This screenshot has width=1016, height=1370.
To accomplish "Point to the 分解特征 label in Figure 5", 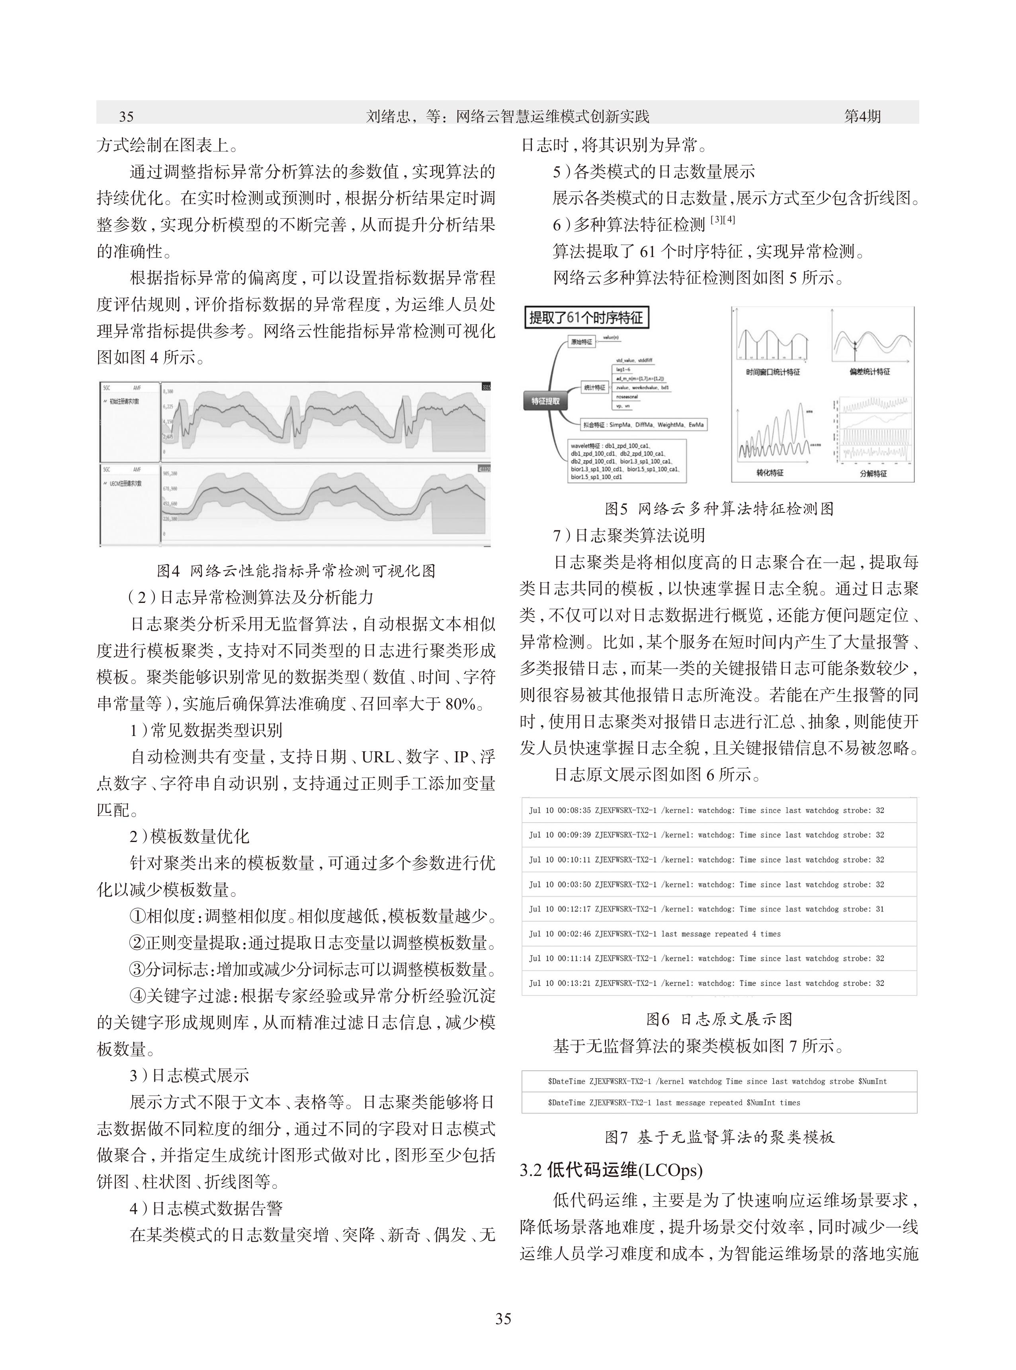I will (873, 473).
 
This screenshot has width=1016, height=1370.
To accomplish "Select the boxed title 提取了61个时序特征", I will (586, 318).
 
